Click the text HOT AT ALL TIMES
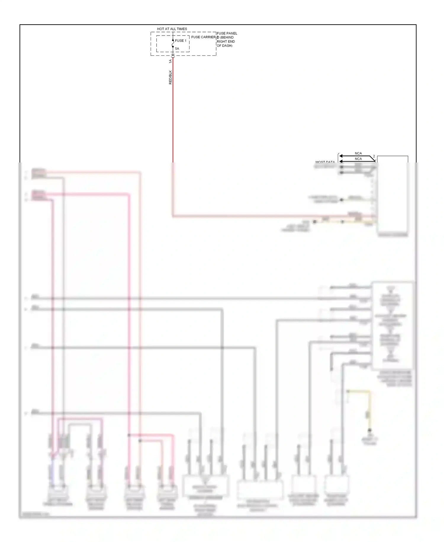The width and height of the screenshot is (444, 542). point(172,29)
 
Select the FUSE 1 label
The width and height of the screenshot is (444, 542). point(181,41)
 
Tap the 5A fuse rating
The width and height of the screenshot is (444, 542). point(177,49)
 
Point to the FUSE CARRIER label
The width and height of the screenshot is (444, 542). point(203,37)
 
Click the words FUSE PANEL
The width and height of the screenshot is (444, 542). point(227,33)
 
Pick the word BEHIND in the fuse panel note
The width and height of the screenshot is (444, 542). point(227,37)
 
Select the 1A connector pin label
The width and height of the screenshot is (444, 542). point(170,61)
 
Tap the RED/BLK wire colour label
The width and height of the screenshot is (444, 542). point(170,77)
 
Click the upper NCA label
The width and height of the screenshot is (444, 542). point(358,153)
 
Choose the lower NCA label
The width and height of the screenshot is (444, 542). point(358,159)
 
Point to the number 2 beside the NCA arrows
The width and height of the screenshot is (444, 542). point(374,156)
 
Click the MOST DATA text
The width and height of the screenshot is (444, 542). point(325,162)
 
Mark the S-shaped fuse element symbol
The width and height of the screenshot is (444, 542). point(173,44)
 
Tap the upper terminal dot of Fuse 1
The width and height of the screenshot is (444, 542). point(173,40)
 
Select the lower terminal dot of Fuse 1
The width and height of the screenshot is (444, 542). point(173,47)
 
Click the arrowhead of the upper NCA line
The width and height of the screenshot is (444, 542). point(341,156)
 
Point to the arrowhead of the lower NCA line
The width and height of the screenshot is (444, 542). point(341,161)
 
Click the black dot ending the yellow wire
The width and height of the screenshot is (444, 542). point(369,430)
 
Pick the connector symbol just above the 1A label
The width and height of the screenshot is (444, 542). point(173,55)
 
